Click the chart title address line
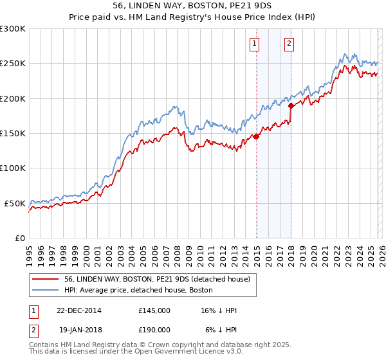(x=192, y=6)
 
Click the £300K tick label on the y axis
(x=13, y=29)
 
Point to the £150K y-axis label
(x=13, y=134)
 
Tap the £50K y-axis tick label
(x=15, y=203)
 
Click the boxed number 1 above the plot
(x=255, y=44)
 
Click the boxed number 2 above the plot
(x=289, y=44)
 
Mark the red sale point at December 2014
(x=256, y=136)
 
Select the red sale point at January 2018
(x=291, y=105)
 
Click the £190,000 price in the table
(x=154, y=329)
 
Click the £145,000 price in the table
(x=154, y=311)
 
